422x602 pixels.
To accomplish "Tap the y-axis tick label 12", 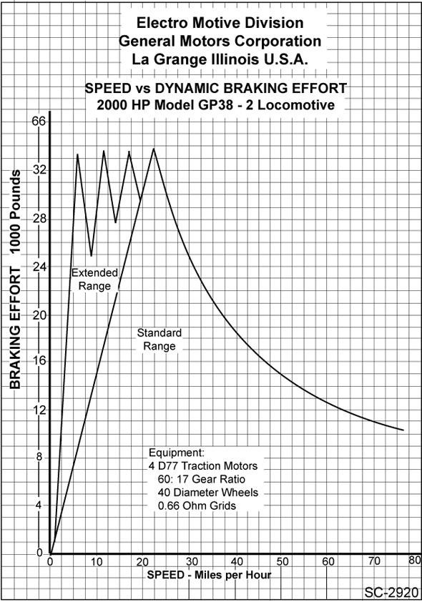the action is click(x=39, y=410).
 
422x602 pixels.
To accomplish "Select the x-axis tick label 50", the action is click(x=283, y=562).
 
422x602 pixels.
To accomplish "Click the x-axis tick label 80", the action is click(x=415, y=560).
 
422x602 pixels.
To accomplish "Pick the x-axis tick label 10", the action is click(x=97, y=562).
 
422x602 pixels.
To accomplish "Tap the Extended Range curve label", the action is click(x=94, y=279).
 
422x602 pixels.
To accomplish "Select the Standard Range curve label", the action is click(x=160, y=340).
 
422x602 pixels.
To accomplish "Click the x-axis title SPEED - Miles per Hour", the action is click(x=210, y=575).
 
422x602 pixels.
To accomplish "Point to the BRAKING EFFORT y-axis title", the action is click(x=15, y=279).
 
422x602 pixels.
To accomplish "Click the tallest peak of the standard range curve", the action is click(x=154, y=148).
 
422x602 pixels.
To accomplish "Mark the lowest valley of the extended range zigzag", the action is click(x=92, y=256).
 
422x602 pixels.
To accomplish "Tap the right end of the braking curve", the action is click(x=403, y=430).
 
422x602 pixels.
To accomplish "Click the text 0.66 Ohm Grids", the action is click(x=197, y=505).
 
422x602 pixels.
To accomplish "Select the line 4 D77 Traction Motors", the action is click(x=203, y=466).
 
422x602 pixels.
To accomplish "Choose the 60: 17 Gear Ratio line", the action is click(x=201, y=479).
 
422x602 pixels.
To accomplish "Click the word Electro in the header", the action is click(x=162, y=23).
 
